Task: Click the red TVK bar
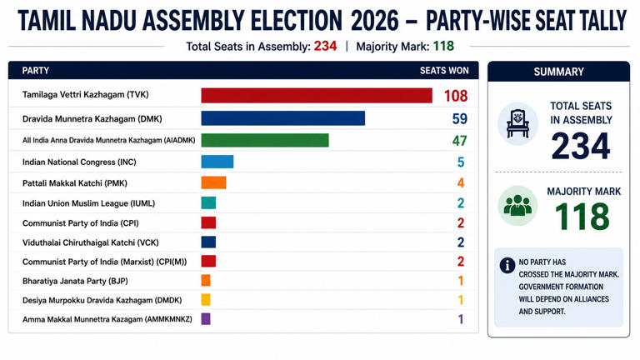(317, 96)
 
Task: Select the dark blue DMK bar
(282, 118)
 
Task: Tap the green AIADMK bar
(265, 140)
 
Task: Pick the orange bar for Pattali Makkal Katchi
(213, 182)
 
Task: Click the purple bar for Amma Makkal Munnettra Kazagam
(206, 319)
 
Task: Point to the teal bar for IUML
(208, 202)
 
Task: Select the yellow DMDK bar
(206, 300)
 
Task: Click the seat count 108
(456, 96)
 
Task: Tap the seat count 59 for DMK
(460, 119)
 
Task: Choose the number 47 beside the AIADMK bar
(460, 141)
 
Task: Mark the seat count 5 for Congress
(461, 162)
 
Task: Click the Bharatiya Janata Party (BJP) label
(75, 281)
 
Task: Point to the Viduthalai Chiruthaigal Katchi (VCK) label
(91, 242)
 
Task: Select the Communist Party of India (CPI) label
(80, 223)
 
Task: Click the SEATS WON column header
(444, 71)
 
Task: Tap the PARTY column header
(36, 71)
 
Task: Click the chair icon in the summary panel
(517, 123)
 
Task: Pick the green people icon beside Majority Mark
(517, 206)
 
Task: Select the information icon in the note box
(507, 265)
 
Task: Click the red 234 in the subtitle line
(325, 46)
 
